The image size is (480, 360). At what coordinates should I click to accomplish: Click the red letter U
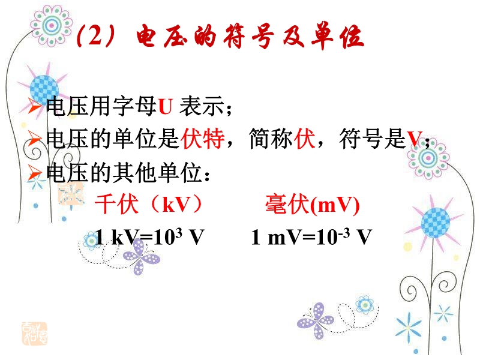(166, 106)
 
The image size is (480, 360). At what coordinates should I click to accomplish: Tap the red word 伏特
(202, 139)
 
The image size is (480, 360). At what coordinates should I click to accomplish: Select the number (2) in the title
(95, 35)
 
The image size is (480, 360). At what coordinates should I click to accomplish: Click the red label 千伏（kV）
(149, 204)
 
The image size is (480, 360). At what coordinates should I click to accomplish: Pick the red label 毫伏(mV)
(312, 205)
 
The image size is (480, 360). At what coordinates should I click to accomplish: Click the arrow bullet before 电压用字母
(35, 106)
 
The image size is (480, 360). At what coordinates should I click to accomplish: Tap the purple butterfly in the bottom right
(316, 320)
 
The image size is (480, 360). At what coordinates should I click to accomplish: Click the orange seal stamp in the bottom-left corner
(35, 334)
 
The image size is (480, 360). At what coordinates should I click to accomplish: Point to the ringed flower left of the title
(52, 26)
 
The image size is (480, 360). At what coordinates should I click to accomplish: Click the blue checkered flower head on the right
(436, 223)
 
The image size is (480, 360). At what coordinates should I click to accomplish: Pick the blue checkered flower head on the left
(44, 89)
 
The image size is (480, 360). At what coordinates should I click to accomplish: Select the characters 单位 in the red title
(337, 36)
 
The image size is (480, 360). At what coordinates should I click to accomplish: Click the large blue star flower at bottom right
(409, 328)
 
